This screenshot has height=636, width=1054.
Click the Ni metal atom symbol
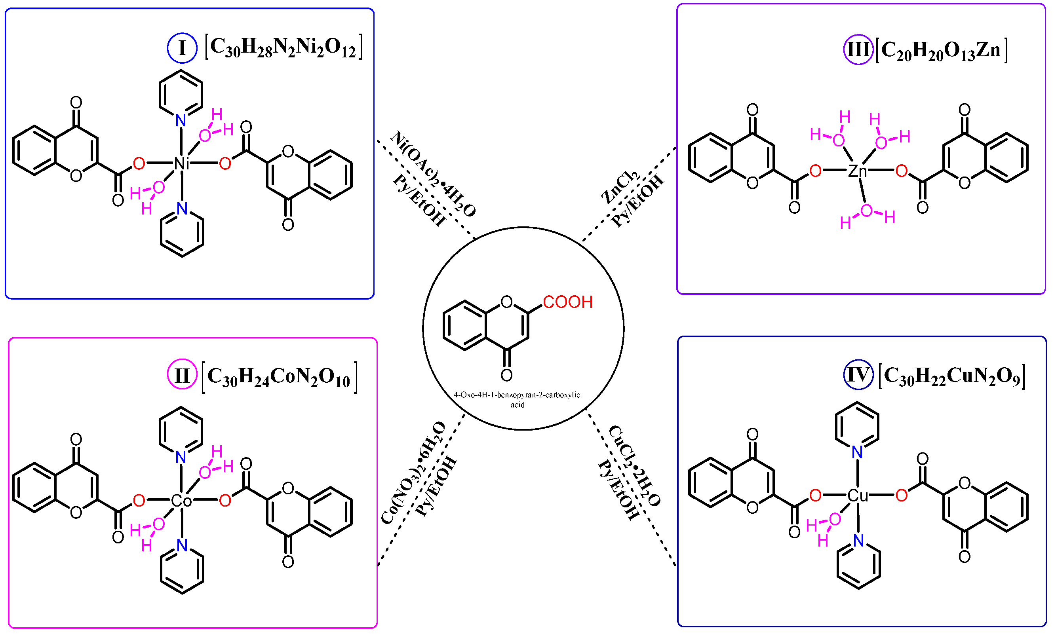(x=181, y=163)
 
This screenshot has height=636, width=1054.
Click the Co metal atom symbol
(x=181, y=501)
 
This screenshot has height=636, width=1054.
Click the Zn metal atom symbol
(x=857, y=171)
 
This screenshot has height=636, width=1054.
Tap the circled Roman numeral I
(x=182, y=48)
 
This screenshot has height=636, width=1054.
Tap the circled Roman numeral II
(x=182, y=375)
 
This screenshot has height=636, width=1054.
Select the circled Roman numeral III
(x=858, y=49)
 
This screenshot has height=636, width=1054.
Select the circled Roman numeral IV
(x=858, y=375)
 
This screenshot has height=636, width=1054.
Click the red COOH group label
(x=568, y=302)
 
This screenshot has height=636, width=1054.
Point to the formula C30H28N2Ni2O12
(x=283, y=47)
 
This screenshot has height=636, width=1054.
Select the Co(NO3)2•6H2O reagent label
(x=413, y=473)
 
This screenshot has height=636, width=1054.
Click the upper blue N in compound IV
(x=857, y=452)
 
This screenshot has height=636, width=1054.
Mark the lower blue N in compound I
(x=182, y=209)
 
